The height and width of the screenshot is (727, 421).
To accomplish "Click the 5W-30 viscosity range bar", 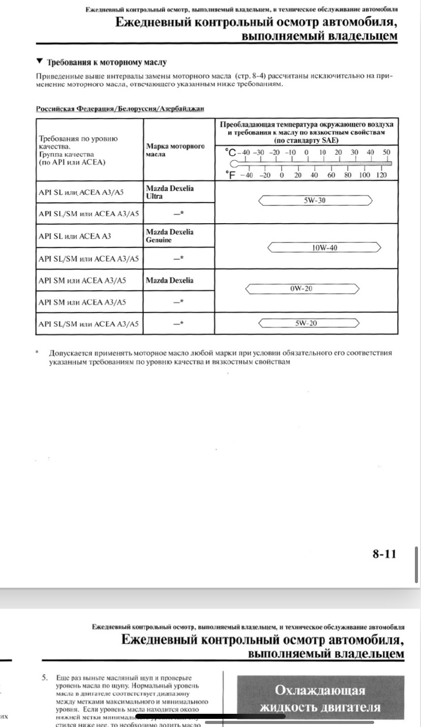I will click(315, 201).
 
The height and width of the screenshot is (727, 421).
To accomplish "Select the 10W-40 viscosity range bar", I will click(324, 248).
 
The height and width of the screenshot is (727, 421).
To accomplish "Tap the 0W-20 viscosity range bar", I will click(302, 289).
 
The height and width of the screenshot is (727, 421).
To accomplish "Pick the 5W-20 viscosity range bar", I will click(309, 323).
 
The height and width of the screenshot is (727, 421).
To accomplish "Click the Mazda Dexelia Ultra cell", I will click(170, 192).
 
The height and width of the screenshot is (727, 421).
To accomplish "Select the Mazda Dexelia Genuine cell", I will click(170, 235).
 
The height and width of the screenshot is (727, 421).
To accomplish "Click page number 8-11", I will click(384, 554).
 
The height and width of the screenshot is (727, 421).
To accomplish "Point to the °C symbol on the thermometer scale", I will click(230, 153).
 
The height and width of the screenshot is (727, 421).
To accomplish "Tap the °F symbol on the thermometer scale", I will click(230, 175).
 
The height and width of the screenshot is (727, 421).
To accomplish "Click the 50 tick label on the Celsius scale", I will click(386, 152).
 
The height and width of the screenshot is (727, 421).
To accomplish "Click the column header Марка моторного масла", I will click(175, 150).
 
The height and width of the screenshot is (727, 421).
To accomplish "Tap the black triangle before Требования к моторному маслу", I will click(40, 62).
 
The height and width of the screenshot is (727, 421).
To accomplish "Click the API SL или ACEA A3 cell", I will click(75, 236).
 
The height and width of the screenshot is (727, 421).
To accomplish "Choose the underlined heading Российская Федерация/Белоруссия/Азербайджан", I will click(120, 109).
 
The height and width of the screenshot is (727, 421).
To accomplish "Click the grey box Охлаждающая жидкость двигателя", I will click(320, 699).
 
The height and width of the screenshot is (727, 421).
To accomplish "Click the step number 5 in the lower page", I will click(45, 678).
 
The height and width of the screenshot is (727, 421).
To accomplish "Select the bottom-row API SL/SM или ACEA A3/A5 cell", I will click(88, 324).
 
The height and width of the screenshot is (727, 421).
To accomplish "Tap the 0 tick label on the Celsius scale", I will click(307, 152).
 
